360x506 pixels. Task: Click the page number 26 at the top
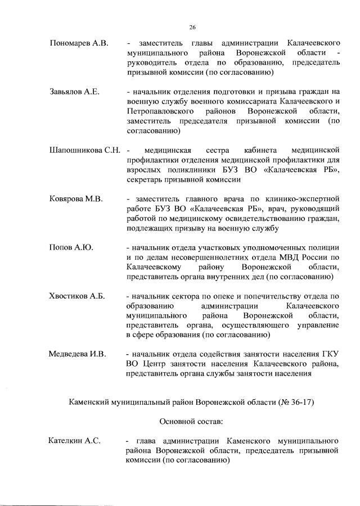pos(192,26)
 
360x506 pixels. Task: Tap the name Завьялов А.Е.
pos(74,92)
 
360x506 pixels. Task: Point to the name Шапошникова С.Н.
pos(85,150)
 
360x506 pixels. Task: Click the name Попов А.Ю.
pos(71,247)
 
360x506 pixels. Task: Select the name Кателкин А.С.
pos(74,441)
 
